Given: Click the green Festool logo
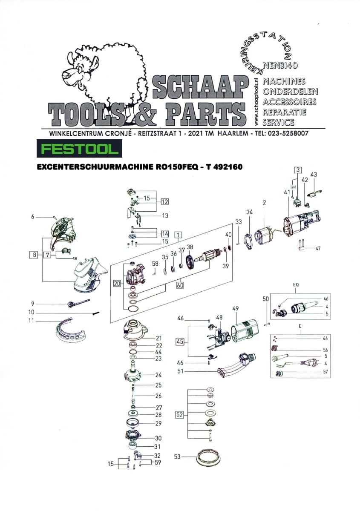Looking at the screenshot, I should click(x=79, y=149).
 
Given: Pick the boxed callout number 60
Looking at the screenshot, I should click(x=180, y=285).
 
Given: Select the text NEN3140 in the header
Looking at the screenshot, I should click(x=280, y=66).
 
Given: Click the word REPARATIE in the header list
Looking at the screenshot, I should click(x=284, y=112).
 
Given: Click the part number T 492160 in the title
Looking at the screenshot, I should click(x=223, y=167).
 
